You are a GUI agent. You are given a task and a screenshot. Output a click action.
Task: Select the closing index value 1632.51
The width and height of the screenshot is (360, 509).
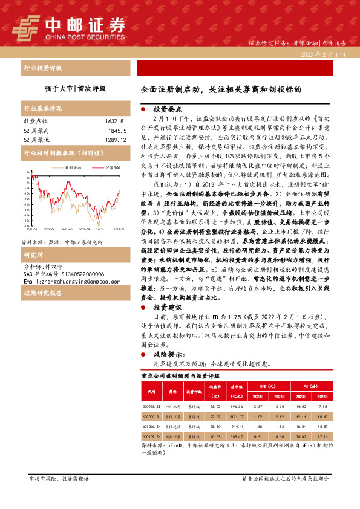point(113,121)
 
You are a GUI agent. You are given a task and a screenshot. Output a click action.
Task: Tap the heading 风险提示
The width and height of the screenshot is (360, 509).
point(168,354)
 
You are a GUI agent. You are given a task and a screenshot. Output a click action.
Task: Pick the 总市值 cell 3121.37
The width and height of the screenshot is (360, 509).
point(236,417)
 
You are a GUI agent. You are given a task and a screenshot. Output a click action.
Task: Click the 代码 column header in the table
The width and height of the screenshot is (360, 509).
point(151,391)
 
